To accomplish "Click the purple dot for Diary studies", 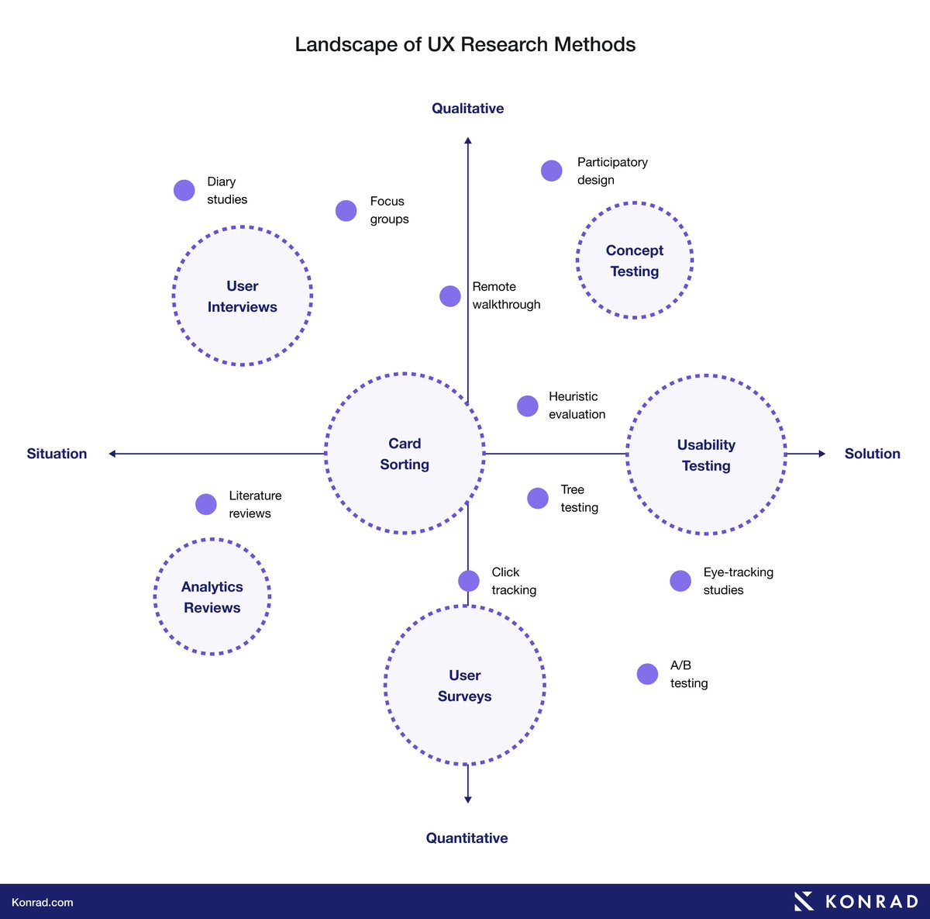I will click(184, 191).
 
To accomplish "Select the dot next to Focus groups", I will click(346, 210).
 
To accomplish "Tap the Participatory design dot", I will click(551, 171).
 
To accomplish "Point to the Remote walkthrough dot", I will click(449, 296).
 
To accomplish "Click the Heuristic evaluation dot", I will click(527, 406).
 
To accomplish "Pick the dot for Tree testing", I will click(538, 498).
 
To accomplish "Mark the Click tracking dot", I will click(469, 581).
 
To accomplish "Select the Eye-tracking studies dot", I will click(680, 581).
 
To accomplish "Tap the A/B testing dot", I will click(647, 674).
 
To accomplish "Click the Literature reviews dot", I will click(206, 504).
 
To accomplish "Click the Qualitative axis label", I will click(467, 109).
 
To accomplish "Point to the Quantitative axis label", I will click(467, 838).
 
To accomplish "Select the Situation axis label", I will click(57, 454).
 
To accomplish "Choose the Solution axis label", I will click(872, 454).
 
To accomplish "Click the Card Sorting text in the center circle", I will click(405, 454).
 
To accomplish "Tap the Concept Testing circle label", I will click(635, 261).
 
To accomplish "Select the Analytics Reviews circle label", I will click(212, 597).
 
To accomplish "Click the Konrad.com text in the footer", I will click(43, 902).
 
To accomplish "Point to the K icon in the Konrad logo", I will click(804, 901).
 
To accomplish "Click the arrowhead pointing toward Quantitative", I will click(467, 799).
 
